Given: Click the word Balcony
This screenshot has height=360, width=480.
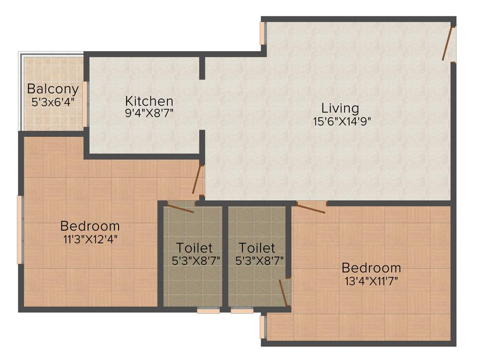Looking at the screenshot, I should point(52,89).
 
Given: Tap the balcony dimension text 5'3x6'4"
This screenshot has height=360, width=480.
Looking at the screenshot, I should point(52,101).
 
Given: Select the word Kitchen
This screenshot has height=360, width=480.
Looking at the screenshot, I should point(149,101).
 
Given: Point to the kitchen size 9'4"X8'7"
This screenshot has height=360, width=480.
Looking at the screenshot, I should point(149,113).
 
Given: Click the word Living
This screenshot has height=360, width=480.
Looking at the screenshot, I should point(340,108).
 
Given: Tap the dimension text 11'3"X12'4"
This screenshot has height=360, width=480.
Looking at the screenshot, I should point(90,239).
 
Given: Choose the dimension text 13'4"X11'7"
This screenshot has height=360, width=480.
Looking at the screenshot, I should point(371,281).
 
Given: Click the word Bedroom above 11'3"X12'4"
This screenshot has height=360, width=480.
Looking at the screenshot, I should point(90,226).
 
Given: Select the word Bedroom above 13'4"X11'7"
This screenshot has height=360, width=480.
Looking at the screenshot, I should point(371,268).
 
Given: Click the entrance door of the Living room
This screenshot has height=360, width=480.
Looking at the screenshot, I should point(449,44).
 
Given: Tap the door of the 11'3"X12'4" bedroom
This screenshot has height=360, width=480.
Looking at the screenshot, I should point(198,179).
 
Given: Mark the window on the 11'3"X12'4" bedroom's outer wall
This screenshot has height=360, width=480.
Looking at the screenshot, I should point(20,230).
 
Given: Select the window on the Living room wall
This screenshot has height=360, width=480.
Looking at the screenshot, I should point(263,34).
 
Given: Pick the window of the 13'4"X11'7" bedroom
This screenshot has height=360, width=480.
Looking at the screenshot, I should point(263,327).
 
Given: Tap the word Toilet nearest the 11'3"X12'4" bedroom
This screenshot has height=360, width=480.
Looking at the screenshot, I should point(194,247).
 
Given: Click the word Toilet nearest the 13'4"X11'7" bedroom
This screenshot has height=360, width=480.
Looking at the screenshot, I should point(257,247).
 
